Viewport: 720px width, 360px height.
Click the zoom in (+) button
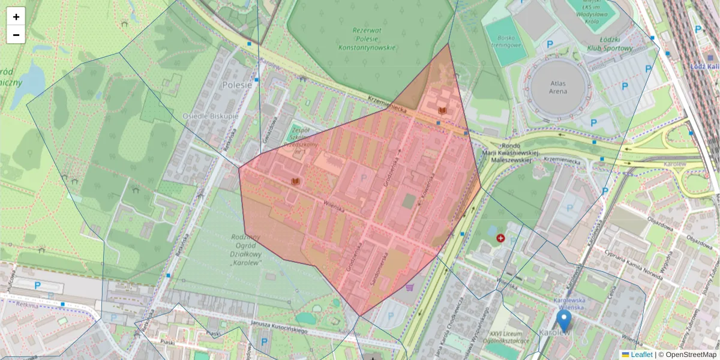coord(16,17)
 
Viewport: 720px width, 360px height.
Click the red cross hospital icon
coord(500,238)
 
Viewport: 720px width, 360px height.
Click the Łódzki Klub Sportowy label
coord(610,43)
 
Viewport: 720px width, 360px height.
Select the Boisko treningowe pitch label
coord(503,40)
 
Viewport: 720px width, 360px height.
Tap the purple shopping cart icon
coord(410,287)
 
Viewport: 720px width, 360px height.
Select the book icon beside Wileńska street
coord(295,181)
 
